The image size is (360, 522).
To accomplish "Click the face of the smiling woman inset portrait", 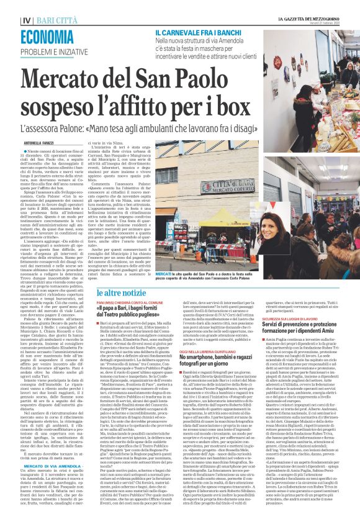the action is pyautogui.click(x=302, y=250).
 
